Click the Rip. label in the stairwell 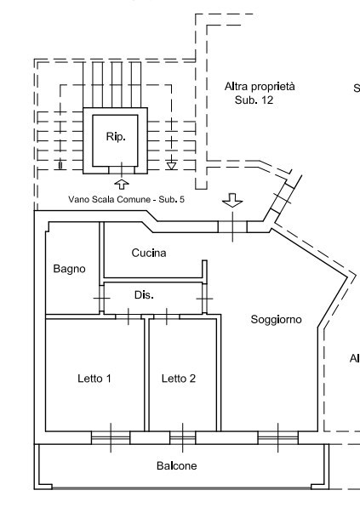coord(116,137)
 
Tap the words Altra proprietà coord(260,87)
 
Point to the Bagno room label coord(69,269)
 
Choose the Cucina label coord(149,253)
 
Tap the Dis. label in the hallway coord(144,295)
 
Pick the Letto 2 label coord(179,379)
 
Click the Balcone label coord(177,466)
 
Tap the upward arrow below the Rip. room coord(121,183)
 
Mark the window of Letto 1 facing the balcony coord(111,437)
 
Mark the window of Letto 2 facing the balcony coord(183,437)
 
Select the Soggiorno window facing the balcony coord(278,437)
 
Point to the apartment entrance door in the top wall coord(231,226)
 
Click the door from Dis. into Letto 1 coord(128,316)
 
